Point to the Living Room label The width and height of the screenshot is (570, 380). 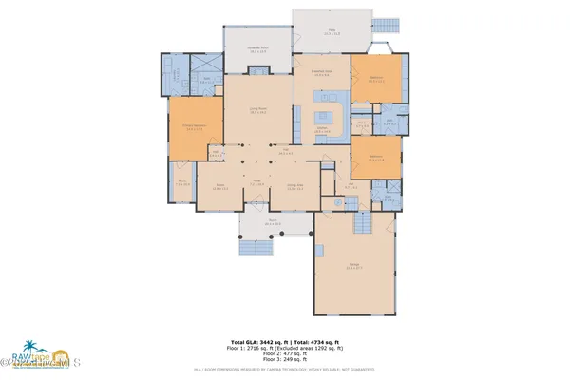[256, 111]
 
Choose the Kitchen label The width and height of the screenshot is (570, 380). [322, 130]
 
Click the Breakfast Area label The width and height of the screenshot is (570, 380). [321, 71]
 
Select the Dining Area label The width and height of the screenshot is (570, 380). [294, 188]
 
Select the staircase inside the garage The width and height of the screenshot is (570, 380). [362, 224]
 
